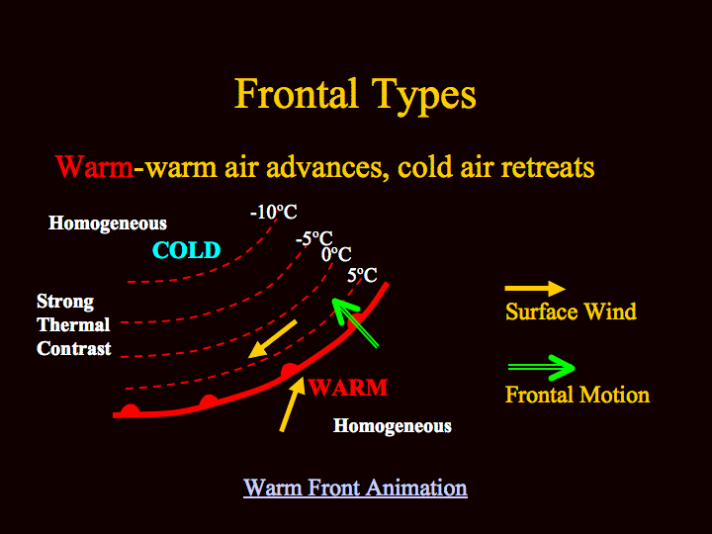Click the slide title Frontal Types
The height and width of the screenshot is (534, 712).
[355, 96]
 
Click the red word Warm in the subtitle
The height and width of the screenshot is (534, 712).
[95, 167]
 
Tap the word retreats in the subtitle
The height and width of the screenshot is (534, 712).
[548, 167]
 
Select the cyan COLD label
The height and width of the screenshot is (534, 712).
[187, 250]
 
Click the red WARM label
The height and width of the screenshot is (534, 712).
[348, 388]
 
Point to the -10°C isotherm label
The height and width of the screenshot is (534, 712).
[273, 212]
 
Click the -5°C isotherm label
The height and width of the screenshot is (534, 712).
[314, 238]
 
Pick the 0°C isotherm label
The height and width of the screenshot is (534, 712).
[336, 254]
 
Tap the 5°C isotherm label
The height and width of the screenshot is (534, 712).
[362, 275]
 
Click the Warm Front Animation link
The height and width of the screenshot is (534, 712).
[355, 488]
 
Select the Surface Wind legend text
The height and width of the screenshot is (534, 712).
[571, 311]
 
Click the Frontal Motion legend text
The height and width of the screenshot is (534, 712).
[578, 395]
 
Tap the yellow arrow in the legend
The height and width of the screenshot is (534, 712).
[535, 289]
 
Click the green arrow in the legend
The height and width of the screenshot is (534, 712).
[541, 367]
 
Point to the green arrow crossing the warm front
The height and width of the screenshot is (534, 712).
[355, 322]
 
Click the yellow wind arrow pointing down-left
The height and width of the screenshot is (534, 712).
[273, 339]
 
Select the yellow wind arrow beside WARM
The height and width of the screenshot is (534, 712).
[293, 404]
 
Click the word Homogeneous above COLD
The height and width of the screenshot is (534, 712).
[108, 223]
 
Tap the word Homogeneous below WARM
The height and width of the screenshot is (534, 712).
[393, 426]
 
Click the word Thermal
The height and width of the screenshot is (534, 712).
[73, 325]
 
